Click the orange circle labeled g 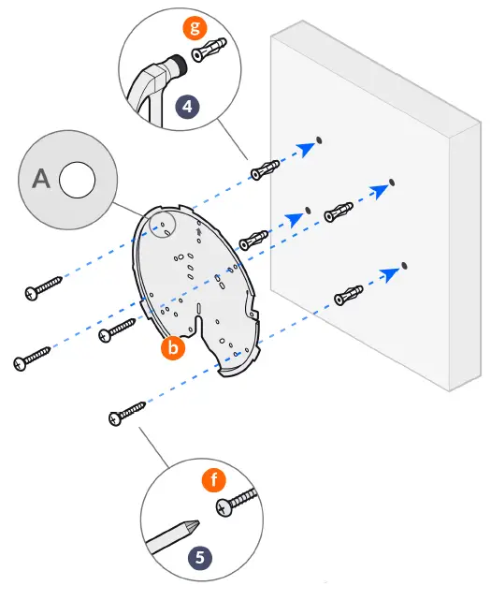[x=195, y=27]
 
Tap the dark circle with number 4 [x=189, y=106]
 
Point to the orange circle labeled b [x=172, y=348]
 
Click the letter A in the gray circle [x=41, y=179]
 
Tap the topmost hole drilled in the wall [x=320, y=140]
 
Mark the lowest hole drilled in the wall [x=405, y=267]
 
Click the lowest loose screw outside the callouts [x=126, y=411]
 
